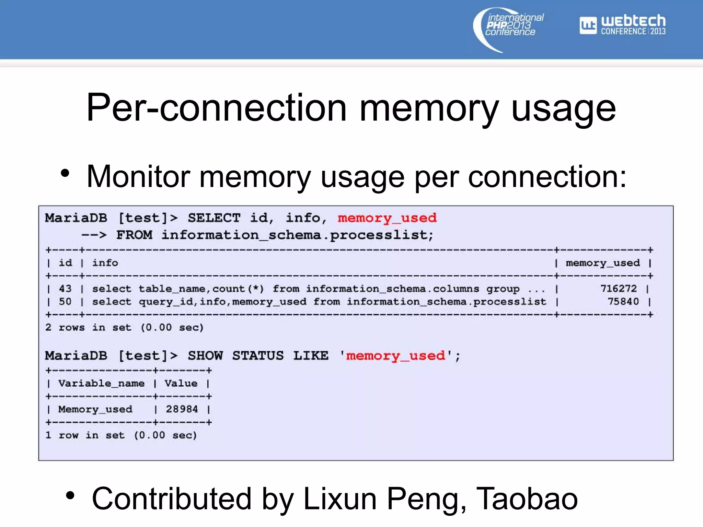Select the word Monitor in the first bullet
click(138, 177)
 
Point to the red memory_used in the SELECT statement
click(387, 218)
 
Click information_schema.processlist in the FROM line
click(297, 235)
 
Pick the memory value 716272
click(618, 289)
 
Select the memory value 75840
click(623, 302)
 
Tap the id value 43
click(65, 289)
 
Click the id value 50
click(65, 302)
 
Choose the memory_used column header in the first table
click(603, 263)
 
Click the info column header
click(105, 263)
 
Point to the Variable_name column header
click(101, 383)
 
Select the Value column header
click(181, 383)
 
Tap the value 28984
click(182, 409)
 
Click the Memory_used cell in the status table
click(95, 409)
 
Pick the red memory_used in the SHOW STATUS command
click(395, 356)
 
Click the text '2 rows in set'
click(88, 328)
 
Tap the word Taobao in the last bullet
click(527, 499)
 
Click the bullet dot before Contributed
click(70, 495)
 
